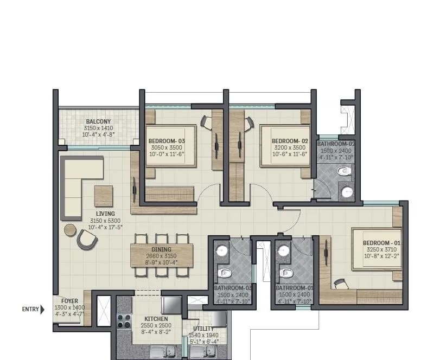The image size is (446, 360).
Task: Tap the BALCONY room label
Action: (98, 121)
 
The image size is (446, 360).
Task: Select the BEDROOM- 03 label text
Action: (167, 141)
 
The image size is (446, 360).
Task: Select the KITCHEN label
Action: (156, 319)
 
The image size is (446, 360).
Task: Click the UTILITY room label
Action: (203, 329)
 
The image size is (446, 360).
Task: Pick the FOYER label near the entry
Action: (69, 301)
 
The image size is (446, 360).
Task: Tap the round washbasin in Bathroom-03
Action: (221, 251)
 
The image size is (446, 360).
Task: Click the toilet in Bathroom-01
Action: (284, 272)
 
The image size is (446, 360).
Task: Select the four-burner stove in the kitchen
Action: (124, 320)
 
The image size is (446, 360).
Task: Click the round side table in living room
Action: (71, 230)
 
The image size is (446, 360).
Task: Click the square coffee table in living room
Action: (104, 196)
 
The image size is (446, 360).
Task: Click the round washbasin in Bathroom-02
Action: (347, 191)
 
